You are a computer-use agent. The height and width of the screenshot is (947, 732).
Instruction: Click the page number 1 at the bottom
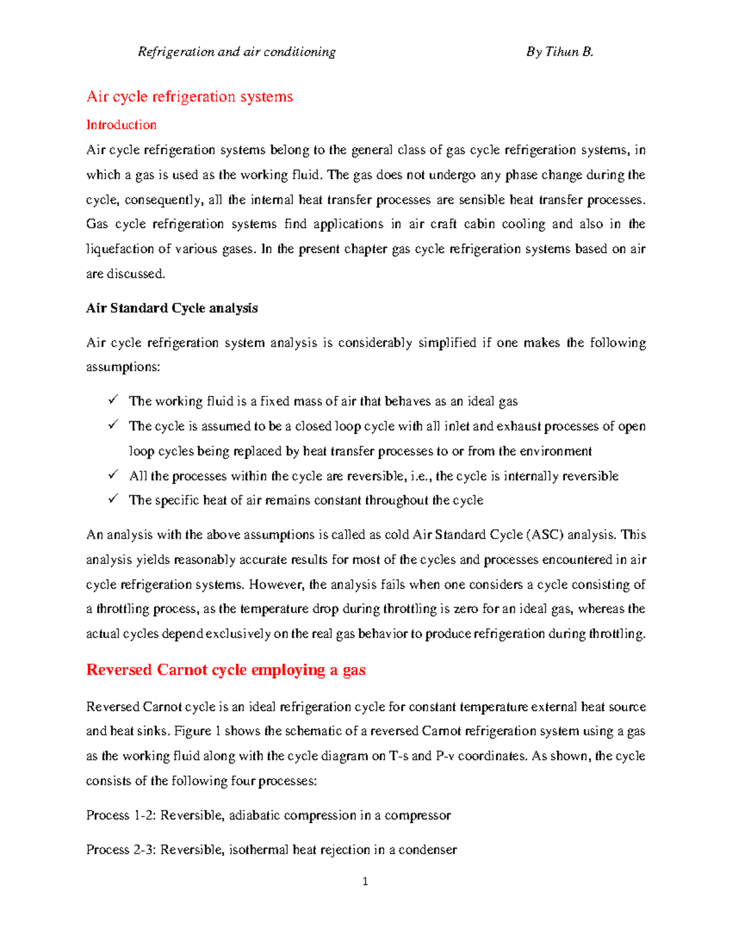[x=365, y=881]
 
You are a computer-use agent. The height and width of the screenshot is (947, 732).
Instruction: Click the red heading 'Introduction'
[x=121, y=125]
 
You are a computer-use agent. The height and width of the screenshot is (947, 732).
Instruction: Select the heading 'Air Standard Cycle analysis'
[x=172, y=308]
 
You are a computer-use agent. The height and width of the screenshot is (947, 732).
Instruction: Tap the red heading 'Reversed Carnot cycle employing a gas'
[x=226, y=670]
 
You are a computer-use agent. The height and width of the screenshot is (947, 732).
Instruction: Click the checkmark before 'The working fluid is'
[x=113, y=400]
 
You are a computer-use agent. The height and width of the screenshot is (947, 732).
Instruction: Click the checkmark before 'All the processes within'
[x=113, y=474]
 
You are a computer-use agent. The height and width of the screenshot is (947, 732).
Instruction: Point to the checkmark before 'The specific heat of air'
[x=113, y=499]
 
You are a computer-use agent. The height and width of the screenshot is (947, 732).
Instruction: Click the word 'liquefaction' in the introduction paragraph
[x=120, y=249]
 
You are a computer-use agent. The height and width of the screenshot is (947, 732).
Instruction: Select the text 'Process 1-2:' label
[x=121, y=815]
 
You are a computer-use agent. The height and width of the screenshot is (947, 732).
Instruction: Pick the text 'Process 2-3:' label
[x=121, y=849]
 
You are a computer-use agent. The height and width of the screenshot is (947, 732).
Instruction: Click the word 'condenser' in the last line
[x=428, y=849]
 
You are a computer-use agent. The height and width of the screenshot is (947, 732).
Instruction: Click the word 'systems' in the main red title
[x=266, y=96]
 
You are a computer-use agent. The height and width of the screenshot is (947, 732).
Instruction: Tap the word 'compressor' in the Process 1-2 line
[x=418, y=815]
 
